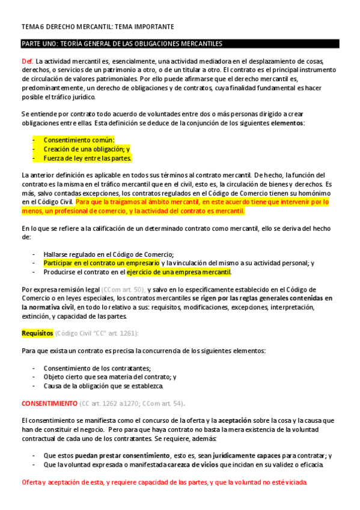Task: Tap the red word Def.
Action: [27, 62]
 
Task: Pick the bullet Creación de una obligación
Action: [86, 149]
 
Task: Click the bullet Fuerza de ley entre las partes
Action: [87, 158]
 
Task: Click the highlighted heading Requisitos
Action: [37, 333]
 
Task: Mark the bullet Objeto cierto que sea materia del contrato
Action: [109, 377]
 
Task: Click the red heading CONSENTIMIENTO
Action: [49, 403]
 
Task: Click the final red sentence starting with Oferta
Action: [163, 482]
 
